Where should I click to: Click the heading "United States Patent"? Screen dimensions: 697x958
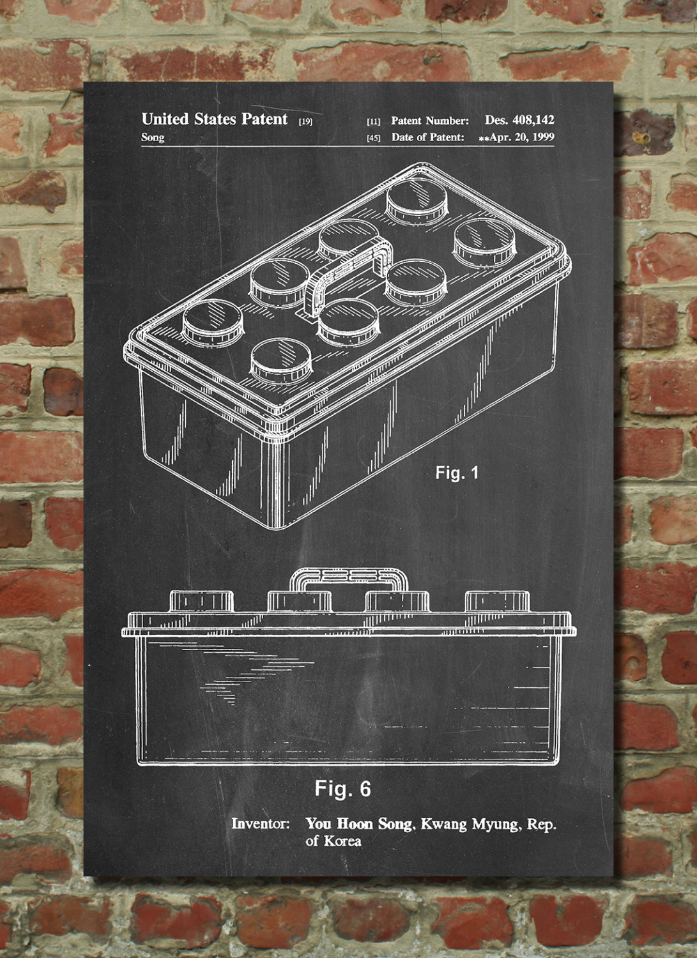[x=215, y=119]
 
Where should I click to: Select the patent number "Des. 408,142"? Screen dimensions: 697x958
[x=519, y=120]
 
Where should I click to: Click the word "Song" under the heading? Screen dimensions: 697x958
[x=153, y=138]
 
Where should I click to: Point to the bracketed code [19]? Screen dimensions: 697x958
[x=305, y=122]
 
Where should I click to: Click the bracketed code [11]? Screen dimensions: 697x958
[x=374, y=122]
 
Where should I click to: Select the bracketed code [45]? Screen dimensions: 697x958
[x=374, y=139]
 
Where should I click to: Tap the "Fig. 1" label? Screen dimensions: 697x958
[x=457, y=473]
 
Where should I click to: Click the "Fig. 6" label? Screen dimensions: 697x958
[x=342, y=787]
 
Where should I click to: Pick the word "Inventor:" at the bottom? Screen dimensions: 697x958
[x=261, y=824]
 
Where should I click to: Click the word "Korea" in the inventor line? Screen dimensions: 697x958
[x=342, y=841]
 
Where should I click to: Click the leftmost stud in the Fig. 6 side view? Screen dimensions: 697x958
[x=201, y=602]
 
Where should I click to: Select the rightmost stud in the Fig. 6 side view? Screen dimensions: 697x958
[x=497, y=602]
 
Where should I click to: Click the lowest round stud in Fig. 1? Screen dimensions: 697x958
[x=280, y=360]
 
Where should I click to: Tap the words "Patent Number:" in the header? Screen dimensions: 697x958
[x=430, y=121]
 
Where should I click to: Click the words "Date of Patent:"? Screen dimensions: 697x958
[x=428, y=137]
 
